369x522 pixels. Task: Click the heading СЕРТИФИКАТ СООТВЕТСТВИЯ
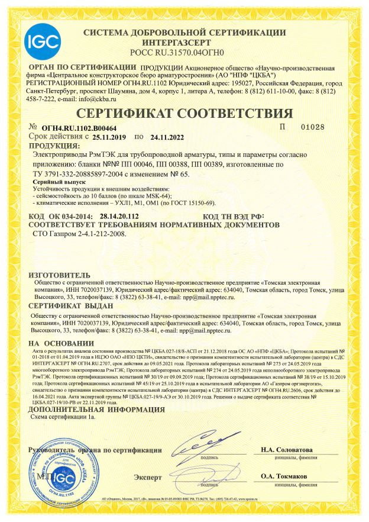184,114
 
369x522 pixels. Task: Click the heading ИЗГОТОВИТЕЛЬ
59,275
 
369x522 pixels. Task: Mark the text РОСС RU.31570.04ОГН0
184,52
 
